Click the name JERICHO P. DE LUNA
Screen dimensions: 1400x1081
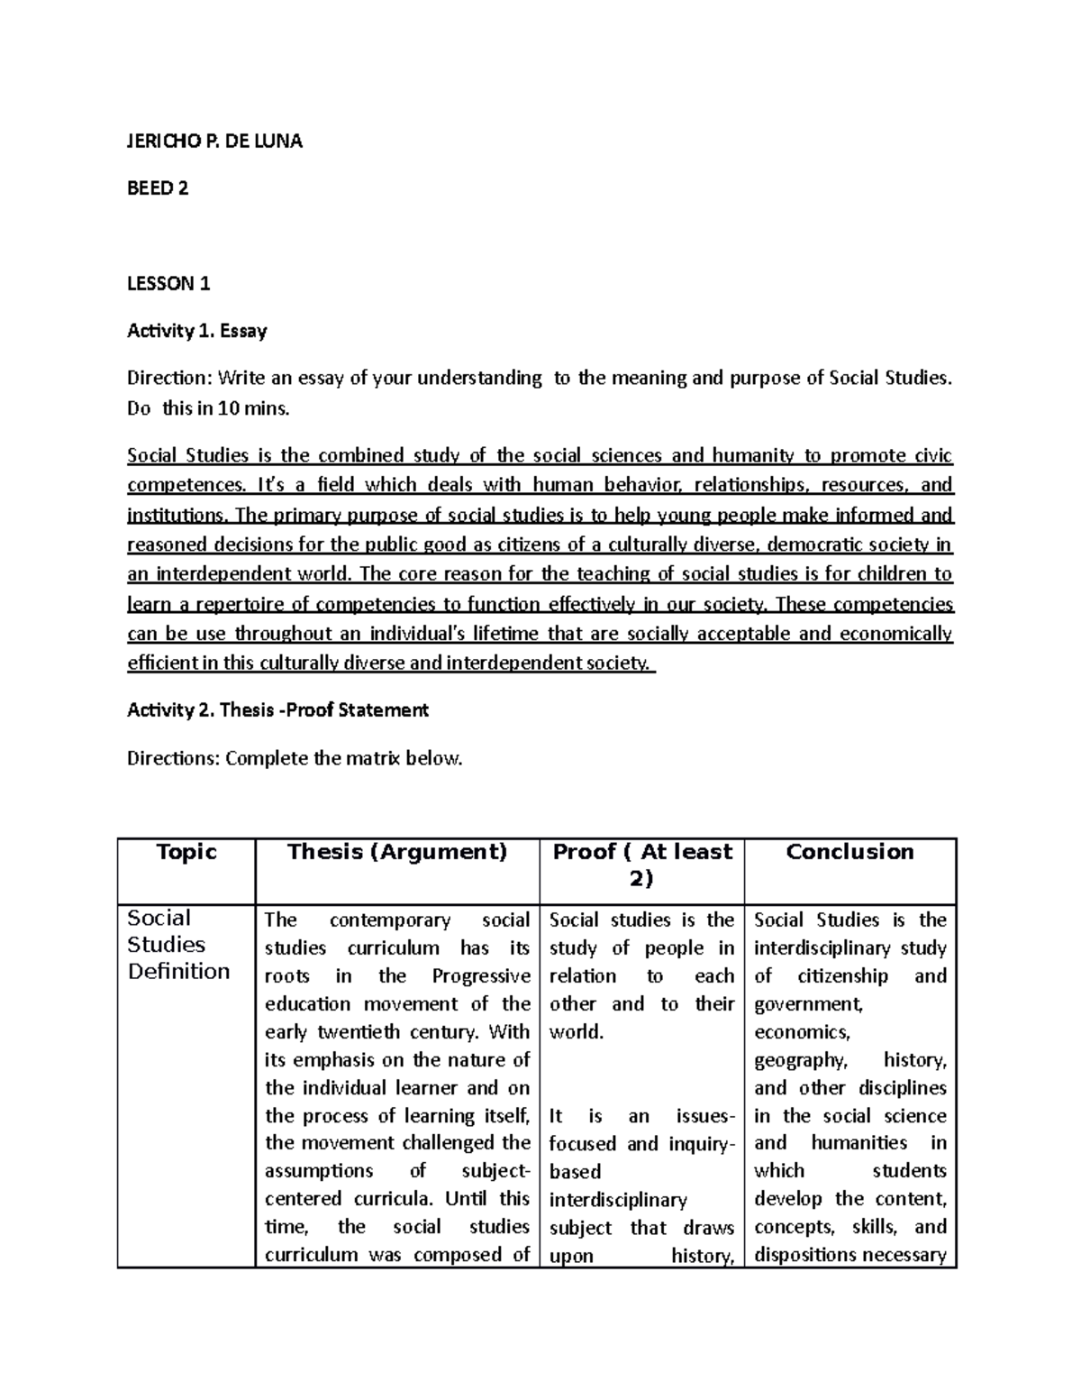(214, 142)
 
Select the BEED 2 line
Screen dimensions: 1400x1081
(158, 188)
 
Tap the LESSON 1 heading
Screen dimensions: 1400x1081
(168, 284)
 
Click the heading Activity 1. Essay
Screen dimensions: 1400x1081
(197, 331)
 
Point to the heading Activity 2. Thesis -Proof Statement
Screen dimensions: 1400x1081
(277, 710)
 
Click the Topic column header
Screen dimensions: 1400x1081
(186, 852)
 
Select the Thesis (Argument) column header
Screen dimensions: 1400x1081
(397, 852)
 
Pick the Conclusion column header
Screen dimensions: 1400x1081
(849, 852)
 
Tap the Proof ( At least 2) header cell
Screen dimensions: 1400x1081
(641, 865)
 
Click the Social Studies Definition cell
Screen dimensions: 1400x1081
(178, 945)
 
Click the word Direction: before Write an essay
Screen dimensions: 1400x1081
(169, 379)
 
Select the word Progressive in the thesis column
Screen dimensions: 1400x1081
(481, 976)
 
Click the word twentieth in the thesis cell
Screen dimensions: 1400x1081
(359, 1032)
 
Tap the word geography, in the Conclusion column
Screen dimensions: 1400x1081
(800, 1061)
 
